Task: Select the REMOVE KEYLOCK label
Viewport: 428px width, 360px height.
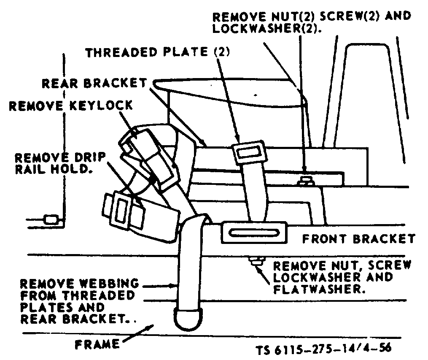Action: (x=70, y=105)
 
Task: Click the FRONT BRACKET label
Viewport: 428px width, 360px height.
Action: (x=358, y=239)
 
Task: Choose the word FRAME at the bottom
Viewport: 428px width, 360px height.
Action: (x=97, y=344)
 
